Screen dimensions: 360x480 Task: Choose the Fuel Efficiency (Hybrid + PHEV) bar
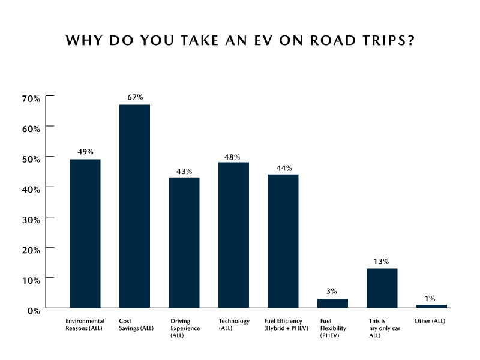pos(283,241)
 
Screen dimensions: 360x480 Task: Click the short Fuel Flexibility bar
pos(332,303)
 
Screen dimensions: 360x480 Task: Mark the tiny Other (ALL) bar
pos(431,306)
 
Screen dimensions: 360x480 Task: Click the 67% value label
pos(134,97)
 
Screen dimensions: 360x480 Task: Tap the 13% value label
pos(382,261)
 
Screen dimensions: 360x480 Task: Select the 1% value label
pos(431,298)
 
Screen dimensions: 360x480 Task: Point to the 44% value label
pos(283,167)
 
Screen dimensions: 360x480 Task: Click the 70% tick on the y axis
pos(31,97)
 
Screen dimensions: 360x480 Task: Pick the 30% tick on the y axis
pos(31,218)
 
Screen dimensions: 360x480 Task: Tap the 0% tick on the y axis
pos(34,310)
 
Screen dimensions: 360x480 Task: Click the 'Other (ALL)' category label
pos(430,321)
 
